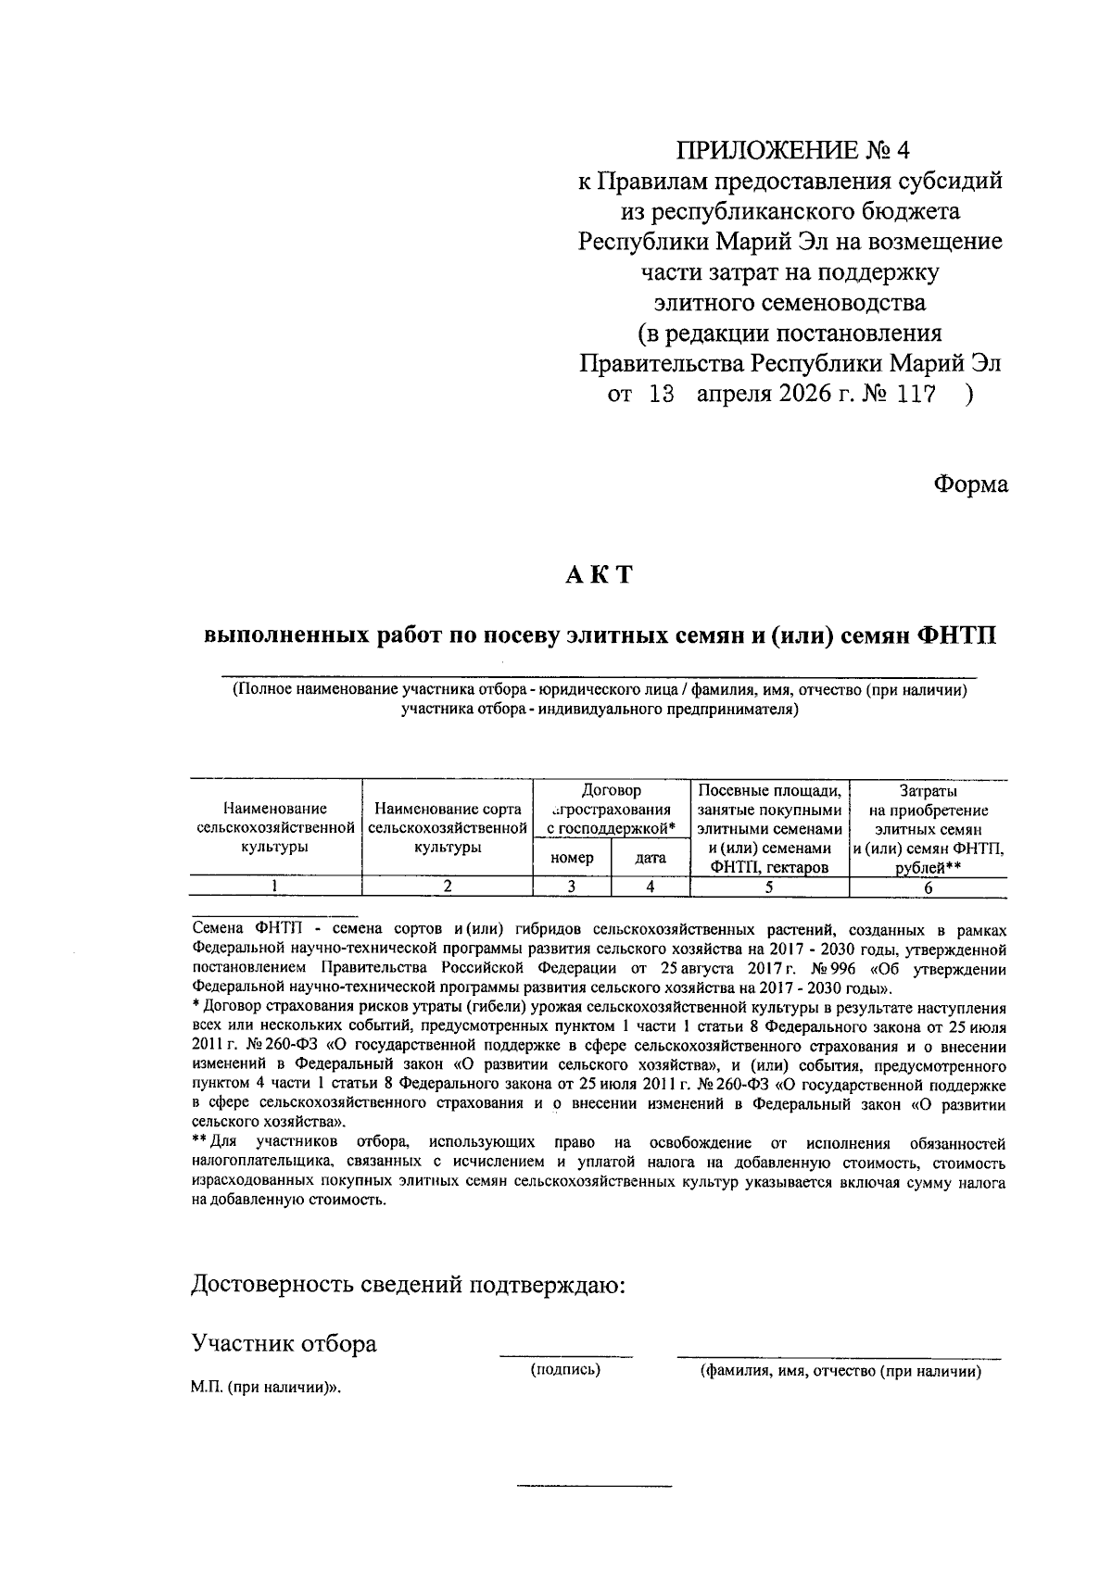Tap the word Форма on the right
(970, 484)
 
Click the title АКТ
(600, 574)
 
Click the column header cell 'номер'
(572, 858)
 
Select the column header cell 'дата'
(651, 858)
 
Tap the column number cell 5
(769, 887)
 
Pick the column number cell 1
(274, 887)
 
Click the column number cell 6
(928, 887)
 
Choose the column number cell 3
(572, 887)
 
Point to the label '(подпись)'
(565, 1369)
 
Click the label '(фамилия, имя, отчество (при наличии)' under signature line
(840, 1371)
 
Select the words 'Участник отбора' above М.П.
(284, 1343)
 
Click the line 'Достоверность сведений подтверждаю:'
(408, 1285)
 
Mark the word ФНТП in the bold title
(955, 636)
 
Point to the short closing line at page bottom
(593, 1486)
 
